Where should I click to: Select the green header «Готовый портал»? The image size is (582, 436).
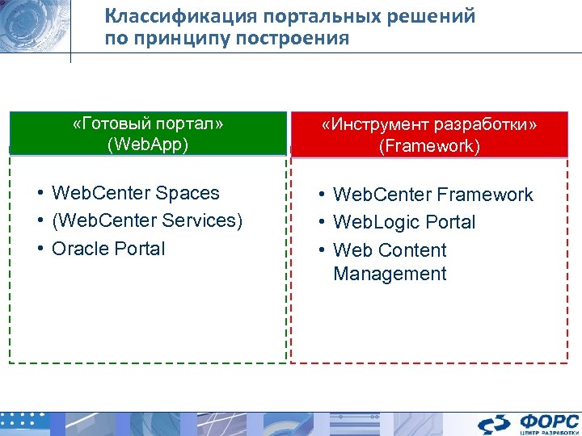(148, 124)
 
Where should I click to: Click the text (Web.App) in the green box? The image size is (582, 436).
(148, 145)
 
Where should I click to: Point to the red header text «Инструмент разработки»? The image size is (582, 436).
(429, 125)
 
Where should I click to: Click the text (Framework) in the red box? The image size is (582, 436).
(429, 146)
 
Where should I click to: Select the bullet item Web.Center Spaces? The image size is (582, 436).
(135, 193)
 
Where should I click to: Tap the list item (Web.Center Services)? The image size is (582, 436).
(146, 220)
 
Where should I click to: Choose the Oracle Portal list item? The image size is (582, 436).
(108, 249)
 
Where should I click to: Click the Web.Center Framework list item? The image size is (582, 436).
(432, 195)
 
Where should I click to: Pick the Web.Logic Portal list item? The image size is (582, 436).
(404, 222)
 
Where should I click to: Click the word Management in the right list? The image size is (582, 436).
(390, 274)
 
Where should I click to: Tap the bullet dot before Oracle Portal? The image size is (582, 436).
(39, 249)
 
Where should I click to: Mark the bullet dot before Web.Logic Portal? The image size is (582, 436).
(321, 222)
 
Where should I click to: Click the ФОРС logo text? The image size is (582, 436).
(549, 421)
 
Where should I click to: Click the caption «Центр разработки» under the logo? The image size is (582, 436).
(549, 432)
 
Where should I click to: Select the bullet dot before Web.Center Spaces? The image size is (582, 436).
(39, 193)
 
